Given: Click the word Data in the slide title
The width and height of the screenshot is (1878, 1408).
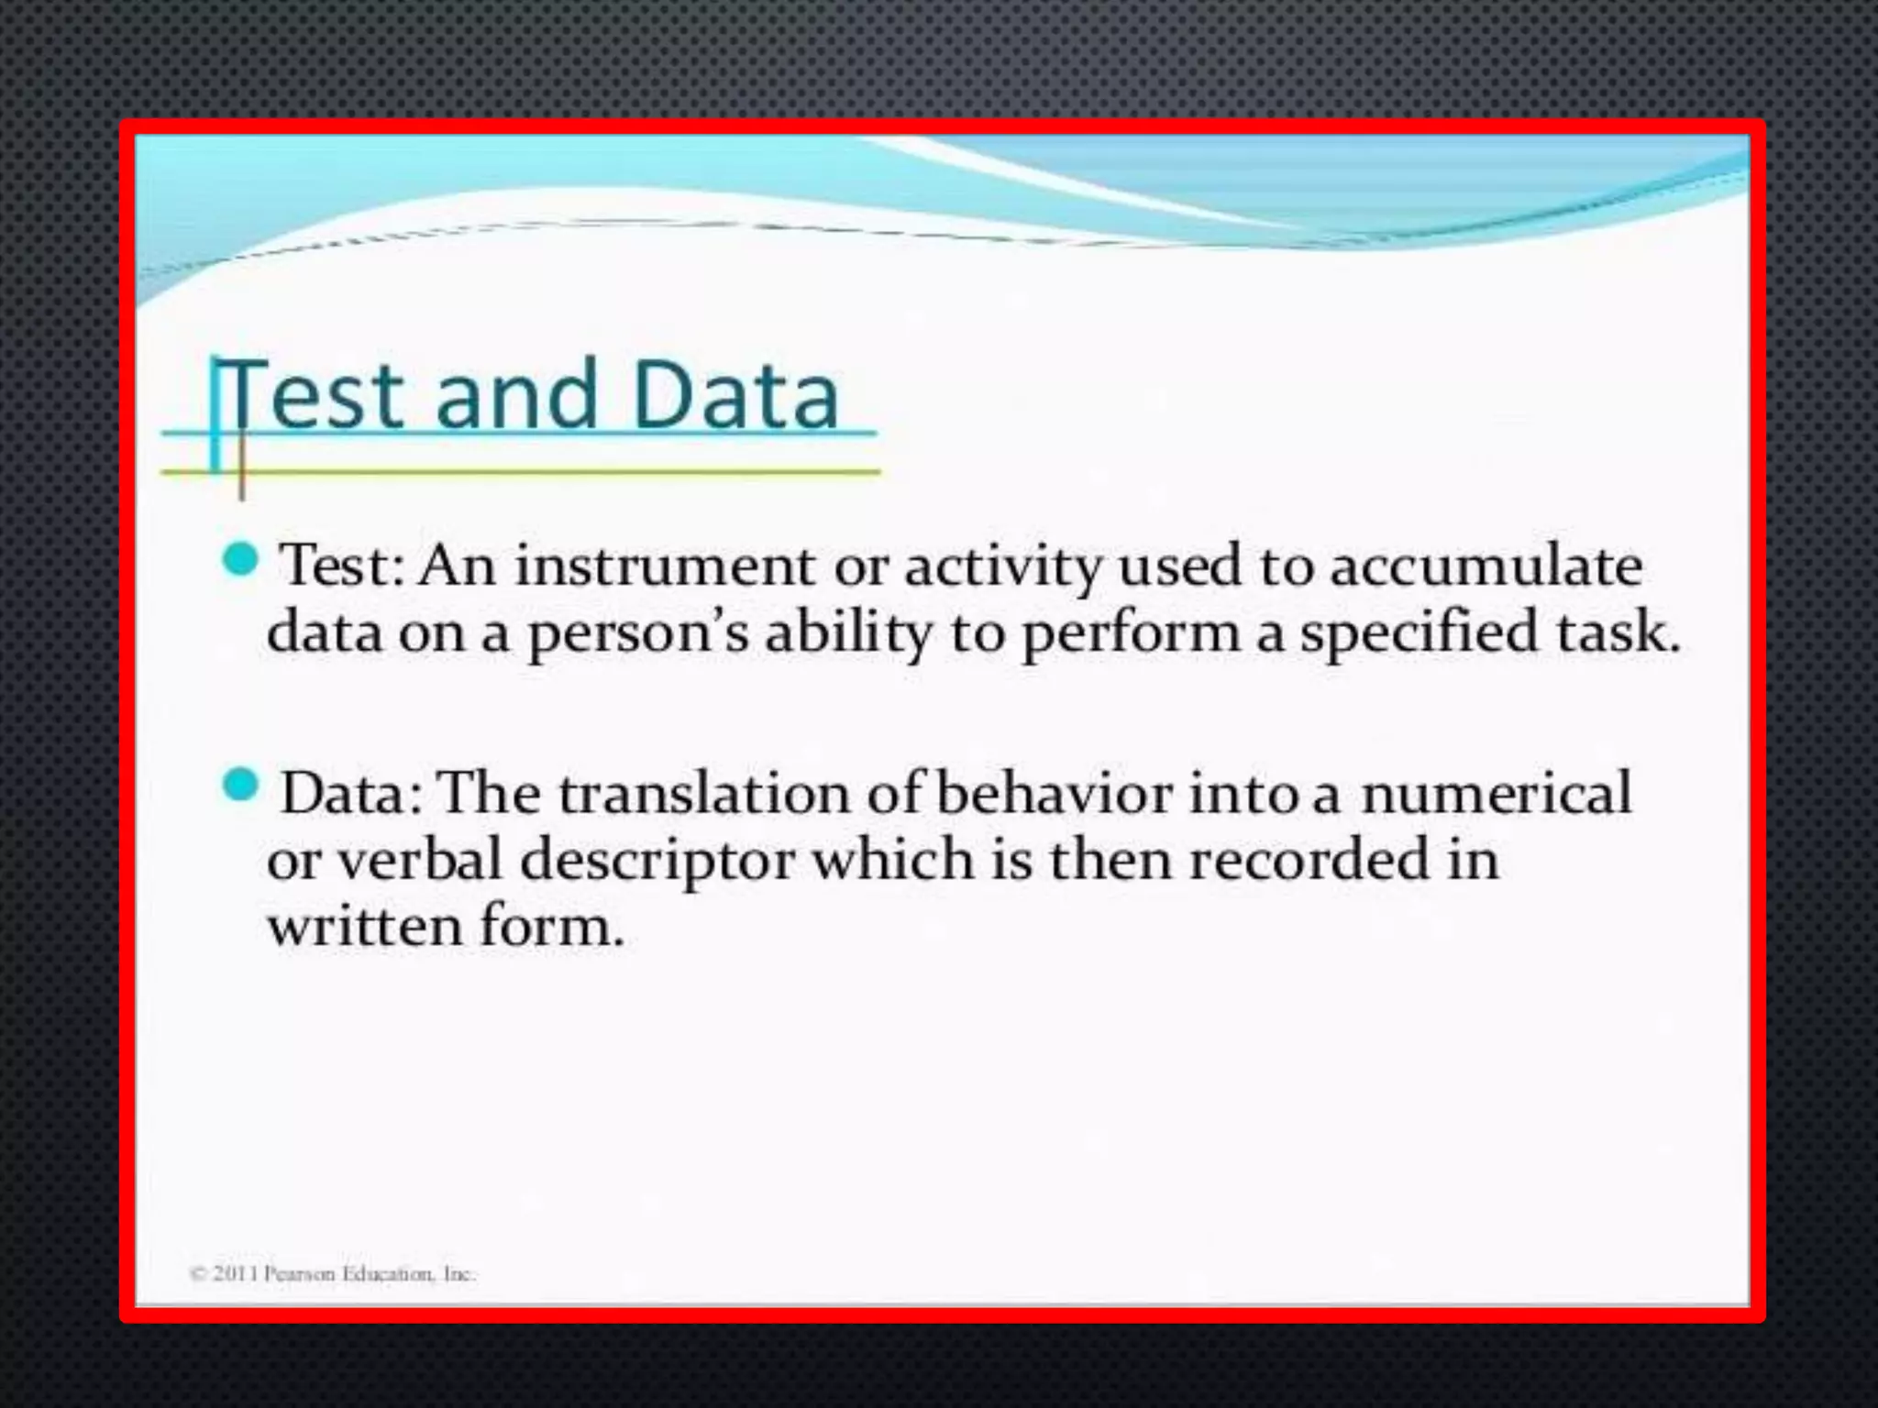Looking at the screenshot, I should [735, 396].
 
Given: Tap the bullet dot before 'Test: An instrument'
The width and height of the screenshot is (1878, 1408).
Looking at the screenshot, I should [241, 558].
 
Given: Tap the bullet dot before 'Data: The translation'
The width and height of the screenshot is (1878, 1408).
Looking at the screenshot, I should [241, 786].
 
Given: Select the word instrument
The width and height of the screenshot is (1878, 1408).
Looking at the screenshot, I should [664, 566].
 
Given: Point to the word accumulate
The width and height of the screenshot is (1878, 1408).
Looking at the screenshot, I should [1486, 566].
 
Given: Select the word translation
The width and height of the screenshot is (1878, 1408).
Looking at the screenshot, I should [705, 793].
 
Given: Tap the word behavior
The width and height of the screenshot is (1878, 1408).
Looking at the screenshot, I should [1055, 793].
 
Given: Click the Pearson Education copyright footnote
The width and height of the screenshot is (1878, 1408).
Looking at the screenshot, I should [332, 1274].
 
